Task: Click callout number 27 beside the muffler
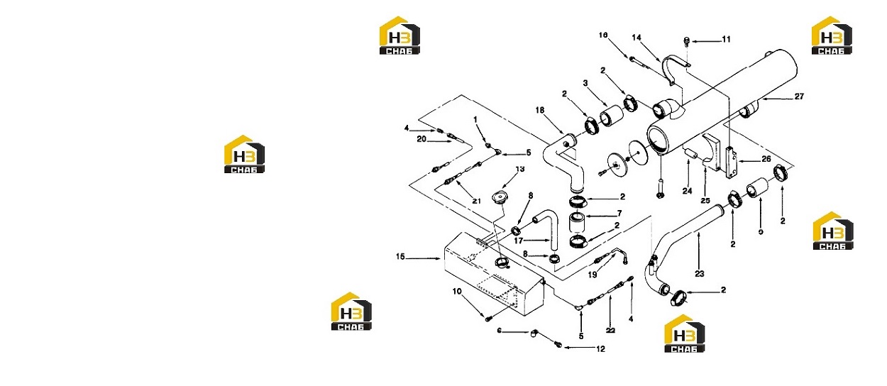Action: point(799,96)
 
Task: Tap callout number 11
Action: point(726,39)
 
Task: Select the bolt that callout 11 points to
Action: point(687,40)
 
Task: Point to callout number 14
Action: point(637,38)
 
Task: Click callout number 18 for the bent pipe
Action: point(540,110)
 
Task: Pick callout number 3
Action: point(585,83)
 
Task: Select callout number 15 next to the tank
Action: point(400,257)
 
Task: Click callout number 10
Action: point(457,292)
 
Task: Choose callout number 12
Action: point(600,349)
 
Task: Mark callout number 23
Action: point(699,274)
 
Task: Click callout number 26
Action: point(766,159)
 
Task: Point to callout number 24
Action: point(687,191)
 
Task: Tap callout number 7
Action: point(619,214)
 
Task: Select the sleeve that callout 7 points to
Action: point(575,223)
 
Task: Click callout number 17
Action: point(518,241)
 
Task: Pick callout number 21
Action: point(476,201)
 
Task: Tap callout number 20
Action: point(422,139)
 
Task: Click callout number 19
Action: point(593,275)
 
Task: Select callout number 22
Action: point(610,330)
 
